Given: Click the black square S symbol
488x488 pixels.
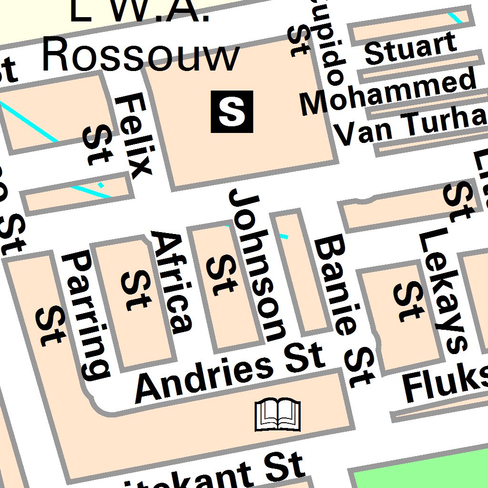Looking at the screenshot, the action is click(x=232, y=112).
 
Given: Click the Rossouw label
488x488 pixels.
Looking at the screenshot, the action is click(x=141, y=56).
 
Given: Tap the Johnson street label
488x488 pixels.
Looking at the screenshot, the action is click(x=258, y=264).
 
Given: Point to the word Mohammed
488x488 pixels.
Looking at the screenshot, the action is click(x=388, y=93).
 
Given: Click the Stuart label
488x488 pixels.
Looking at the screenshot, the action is click(x=410, y=48).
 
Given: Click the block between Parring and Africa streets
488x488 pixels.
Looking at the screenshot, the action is click(x=133, y=305).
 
